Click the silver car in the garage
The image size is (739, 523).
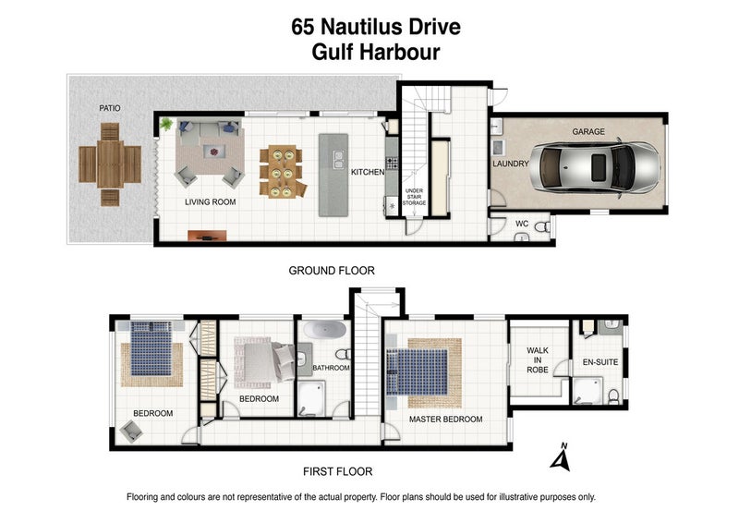pos(594,168)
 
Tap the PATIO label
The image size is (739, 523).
pos(109,108)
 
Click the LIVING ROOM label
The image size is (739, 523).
pos(211,201)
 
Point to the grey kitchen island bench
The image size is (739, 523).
pos(333,175)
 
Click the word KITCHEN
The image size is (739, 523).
pos(368,172)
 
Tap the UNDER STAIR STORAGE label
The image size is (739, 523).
pos(414,197)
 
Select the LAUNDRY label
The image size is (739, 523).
pos(511,164)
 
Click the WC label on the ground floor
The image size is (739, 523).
pos(522,224)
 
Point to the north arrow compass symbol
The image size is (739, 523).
pos(561,457)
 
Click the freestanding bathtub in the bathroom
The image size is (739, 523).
pos(324,329)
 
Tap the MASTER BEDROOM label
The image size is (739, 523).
pos(446,420)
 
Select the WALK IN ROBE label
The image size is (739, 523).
pos(538,359)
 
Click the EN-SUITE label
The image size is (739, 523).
pos(600,362)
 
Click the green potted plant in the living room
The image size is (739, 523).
pos(166,124)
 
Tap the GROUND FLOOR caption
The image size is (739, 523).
pos(332,271)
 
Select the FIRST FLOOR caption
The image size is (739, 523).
pos(337,471)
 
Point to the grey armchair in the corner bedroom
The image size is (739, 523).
pos(131,431)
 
